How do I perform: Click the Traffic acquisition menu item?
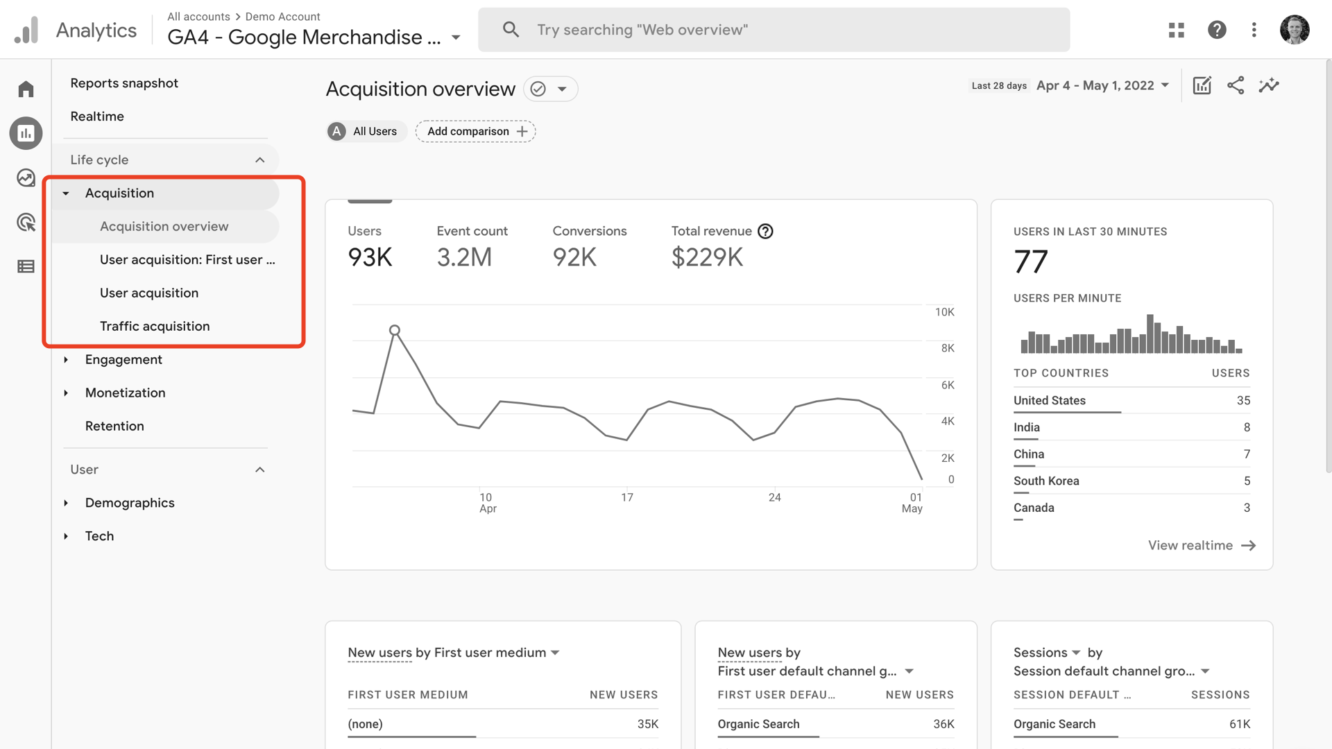tap(154, 326)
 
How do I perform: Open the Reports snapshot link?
tap(124, 83)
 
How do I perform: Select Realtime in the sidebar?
tap(97, 117)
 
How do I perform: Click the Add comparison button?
tap(476, 131)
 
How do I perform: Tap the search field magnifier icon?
tap(511, 30)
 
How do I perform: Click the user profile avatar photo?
tap(1294, 30)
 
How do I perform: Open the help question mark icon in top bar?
tap(1217, 30)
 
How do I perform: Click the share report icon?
tap(1235, 85)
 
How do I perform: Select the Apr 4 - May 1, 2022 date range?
tap(1102, 85)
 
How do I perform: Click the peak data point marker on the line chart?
tap(395, 330)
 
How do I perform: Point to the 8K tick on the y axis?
tap(947, 348)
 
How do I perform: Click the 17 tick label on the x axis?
tap(626, 497)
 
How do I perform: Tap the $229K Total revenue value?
tap(707, 257)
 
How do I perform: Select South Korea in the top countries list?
tap(1046, 481)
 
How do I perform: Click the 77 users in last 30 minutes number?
tap(1031, 262)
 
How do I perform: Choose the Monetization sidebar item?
tap(125, 393)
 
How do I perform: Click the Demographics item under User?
tap(130, 503)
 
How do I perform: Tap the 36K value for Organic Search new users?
tap(943, 724)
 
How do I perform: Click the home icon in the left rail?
tap(26, 89)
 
